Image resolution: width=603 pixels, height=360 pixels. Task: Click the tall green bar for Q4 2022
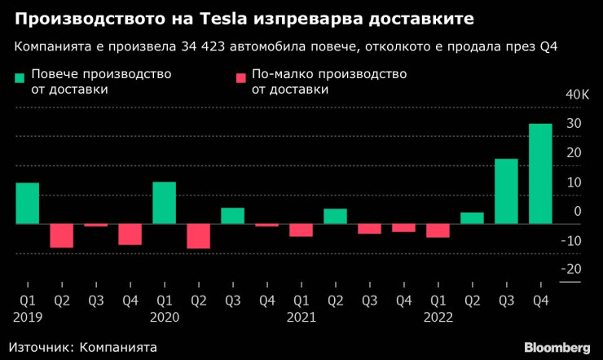pos(540,173)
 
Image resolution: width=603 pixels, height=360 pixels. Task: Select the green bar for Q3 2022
pos(506,191)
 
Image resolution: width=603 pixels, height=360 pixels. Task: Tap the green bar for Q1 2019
pos(27,203)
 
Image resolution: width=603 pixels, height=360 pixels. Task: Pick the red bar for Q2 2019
pos(61,235)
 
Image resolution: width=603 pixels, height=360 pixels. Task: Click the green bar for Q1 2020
pos(164,202)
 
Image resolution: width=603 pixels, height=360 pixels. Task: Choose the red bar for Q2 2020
pos(198,235)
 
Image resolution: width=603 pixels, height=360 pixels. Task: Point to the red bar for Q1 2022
pos(438,230)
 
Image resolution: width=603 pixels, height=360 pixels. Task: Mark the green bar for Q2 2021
pos(335,216)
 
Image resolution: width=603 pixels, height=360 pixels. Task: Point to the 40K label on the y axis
pos(575,94)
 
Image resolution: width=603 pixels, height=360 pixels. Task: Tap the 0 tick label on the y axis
pos(577,211)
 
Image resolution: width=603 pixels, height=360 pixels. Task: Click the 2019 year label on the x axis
pos(27,316)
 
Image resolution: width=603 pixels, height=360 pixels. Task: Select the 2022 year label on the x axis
pos(438,316)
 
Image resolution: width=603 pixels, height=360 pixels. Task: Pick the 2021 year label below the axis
pos(301,316)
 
